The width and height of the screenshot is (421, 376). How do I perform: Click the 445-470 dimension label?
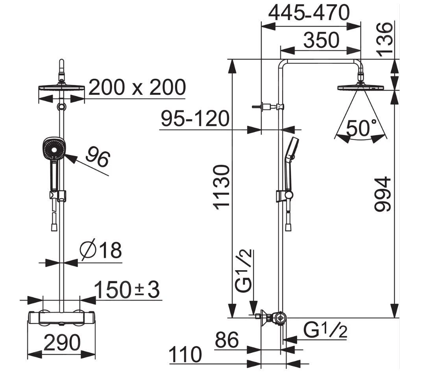[309, 13]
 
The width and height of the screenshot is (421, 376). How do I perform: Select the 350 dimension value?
[321, 40]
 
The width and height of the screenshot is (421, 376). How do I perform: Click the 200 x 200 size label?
[137, 87]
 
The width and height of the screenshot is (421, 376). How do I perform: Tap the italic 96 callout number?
[98, 156]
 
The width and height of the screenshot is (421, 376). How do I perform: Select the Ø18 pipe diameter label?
[100, 250]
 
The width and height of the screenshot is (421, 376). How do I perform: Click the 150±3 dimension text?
[127, 290]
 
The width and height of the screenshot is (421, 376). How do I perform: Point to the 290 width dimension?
[62, 343]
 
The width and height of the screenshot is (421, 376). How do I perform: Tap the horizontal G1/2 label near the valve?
[326, 331]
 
